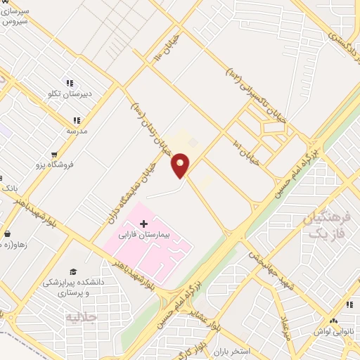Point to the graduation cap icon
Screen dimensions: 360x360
(x=73, y=271)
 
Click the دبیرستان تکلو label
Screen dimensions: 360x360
(x=70, y=92)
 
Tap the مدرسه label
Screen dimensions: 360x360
(x=76, y=130)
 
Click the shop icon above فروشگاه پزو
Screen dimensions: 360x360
(x=55, y=155)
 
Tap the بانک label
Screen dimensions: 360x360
(x=10, y=189)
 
